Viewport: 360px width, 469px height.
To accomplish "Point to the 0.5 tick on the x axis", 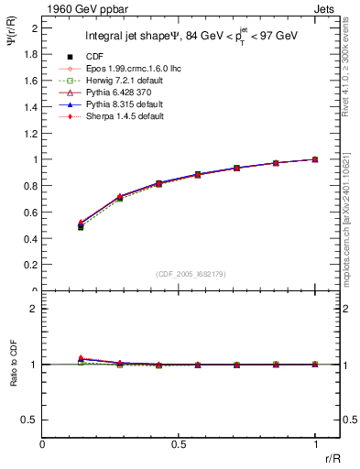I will (x=179, y=444).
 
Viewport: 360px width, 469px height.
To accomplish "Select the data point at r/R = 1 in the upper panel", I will (x=315, y=159).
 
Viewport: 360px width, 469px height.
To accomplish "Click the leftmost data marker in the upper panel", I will (x=81, y=225).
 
